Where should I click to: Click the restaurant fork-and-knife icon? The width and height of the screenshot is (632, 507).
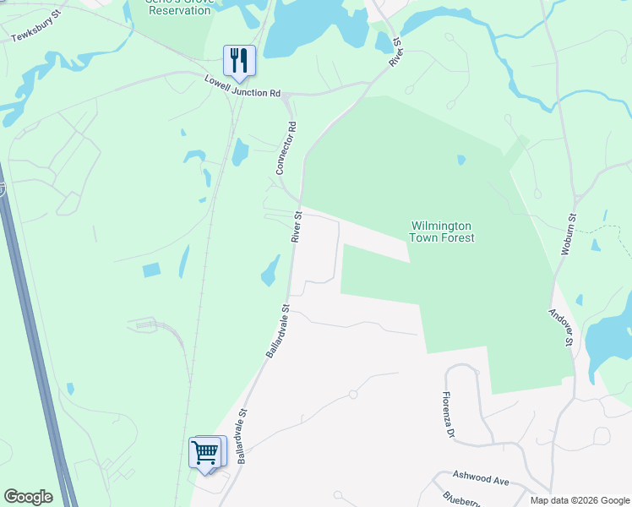pos(238,59)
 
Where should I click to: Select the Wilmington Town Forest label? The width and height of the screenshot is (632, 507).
pos(442,232)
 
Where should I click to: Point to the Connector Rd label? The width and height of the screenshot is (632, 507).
pos(286,149)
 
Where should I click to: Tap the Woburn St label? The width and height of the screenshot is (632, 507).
pos(569,234)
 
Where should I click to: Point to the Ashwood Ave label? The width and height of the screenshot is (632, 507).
pos(480,478)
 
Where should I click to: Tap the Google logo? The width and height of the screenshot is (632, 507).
pos(28,497)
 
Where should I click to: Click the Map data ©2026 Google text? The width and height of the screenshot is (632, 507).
pos(580,500)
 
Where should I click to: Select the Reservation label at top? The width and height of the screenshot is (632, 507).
pos(177,9)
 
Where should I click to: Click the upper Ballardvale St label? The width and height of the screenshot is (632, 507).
pos(278,331)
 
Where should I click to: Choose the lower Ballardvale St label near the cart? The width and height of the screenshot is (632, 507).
pos(243,437)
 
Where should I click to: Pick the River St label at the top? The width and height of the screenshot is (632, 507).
pos(395,52)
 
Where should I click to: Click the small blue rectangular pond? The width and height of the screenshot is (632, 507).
pos(151,270)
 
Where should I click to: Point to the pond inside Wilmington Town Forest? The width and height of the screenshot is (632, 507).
pos(461,160)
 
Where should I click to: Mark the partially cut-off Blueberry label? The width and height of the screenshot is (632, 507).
pos(460,500)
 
